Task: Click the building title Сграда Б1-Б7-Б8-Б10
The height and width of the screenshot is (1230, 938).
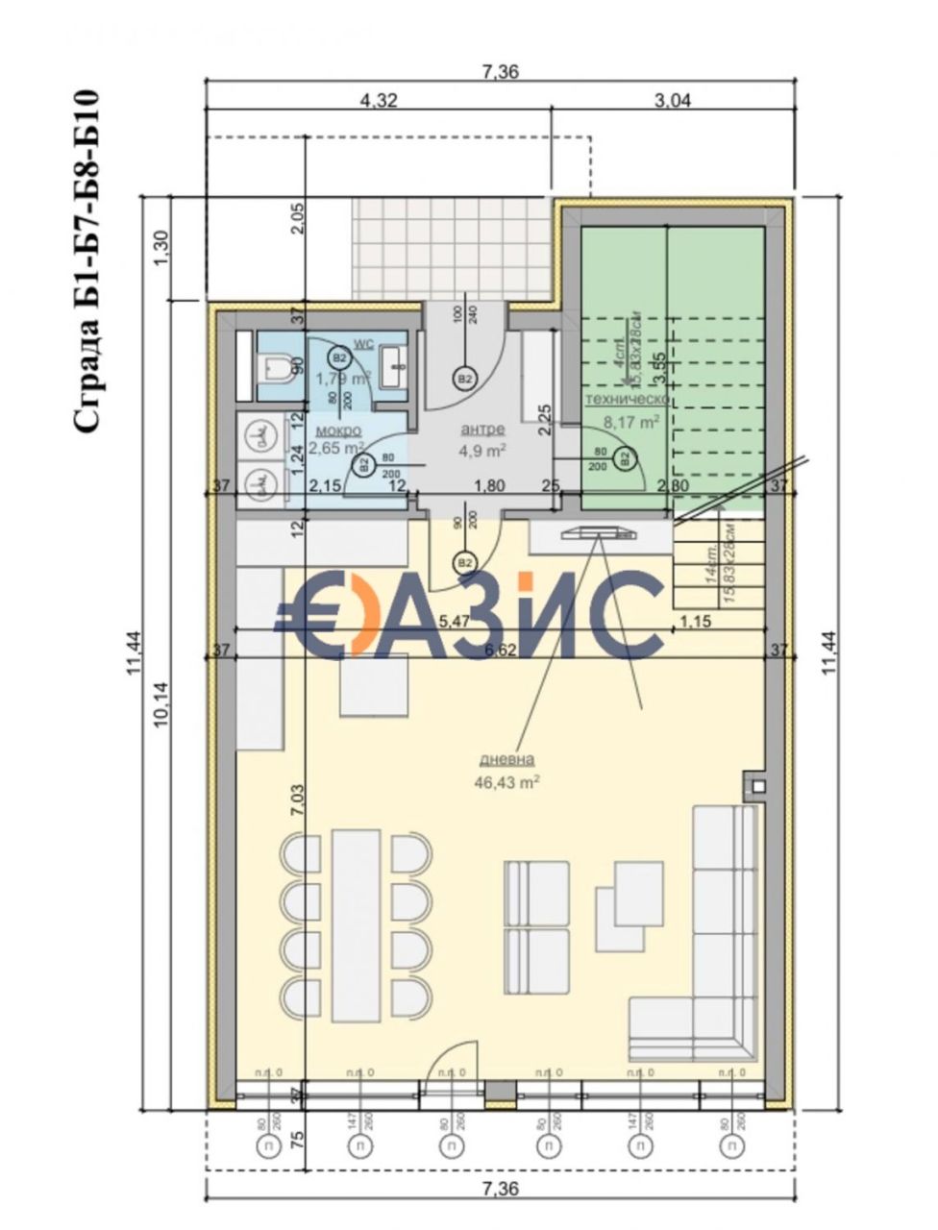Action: click(86, 261)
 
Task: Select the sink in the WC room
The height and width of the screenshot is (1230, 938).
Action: click(394, 364)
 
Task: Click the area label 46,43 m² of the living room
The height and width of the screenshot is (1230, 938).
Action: click(506, 782)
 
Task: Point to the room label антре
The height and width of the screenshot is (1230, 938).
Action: click(482, 430)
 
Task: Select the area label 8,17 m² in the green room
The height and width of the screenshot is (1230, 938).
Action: click(630, 421)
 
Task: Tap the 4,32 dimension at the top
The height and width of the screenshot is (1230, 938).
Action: click(378, 99)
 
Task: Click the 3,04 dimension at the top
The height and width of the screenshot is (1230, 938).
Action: click(672, 99)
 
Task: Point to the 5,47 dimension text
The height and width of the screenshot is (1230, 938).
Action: click(454, 621)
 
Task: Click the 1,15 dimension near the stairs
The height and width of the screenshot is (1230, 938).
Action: click(695, 621)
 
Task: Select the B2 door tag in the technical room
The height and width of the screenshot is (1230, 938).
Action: click(626, 459)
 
